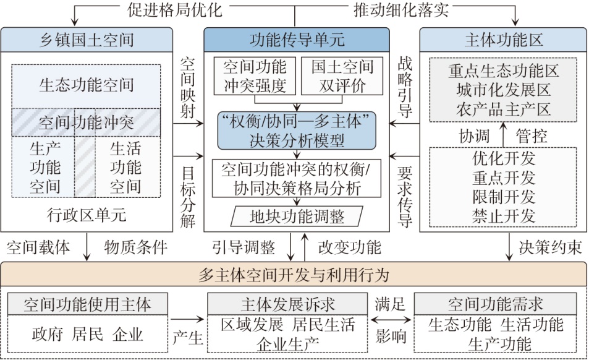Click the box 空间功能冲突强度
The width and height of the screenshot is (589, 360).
tap(254, 76)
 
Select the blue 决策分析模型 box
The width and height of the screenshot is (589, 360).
tap(297, 130)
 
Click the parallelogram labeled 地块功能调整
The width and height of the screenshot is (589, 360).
tap(297, 216)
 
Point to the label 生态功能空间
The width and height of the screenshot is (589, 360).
tap(86, 85)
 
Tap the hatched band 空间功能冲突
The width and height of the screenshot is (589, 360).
tap(86, 121)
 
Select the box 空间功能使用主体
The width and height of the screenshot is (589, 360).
tap(87, 304)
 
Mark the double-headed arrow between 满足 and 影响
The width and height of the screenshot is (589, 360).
tap(390, 320)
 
